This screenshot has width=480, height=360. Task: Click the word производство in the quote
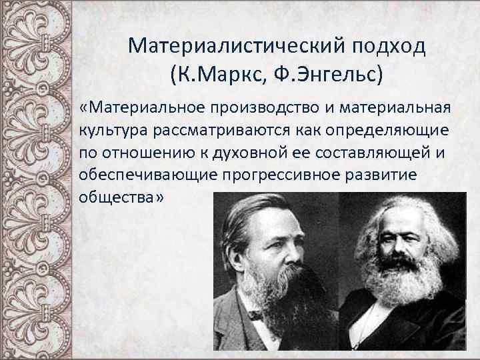pos(251,108)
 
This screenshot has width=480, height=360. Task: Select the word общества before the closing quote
pos(114,197)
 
